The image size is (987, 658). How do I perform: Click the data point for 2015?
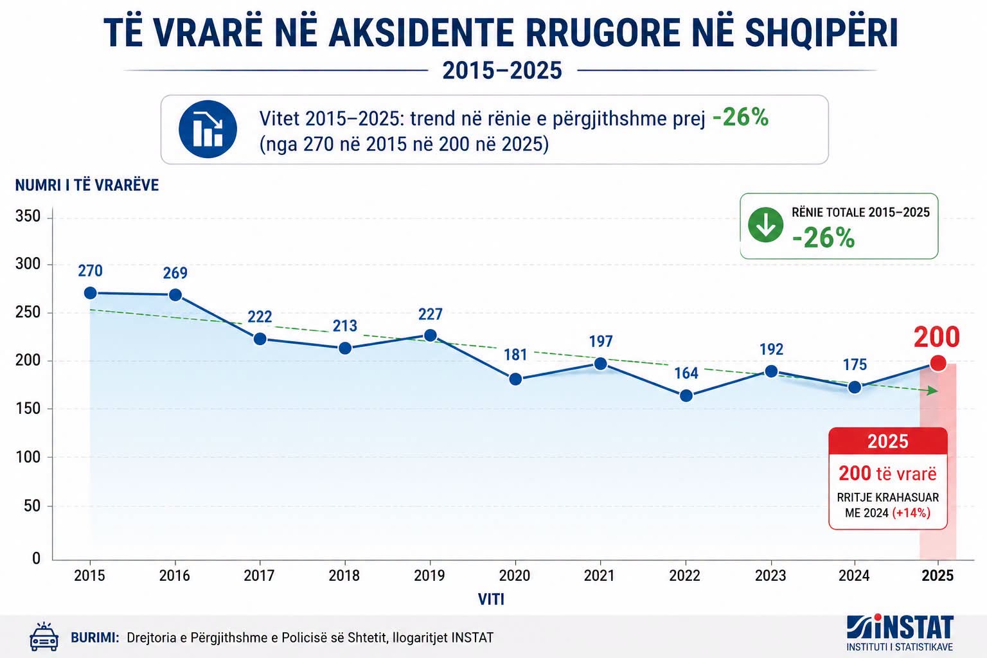pyautogui.click(x=91, y=293)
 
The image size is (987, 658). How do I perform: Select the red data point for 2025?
pyautogui.click(x=938, y=363)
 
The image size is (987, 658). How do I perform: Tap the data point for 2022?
pyautogui.click(x=686, y=396)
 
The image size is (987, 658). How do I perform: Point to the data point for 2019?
pyautogui.click(x=430, y=335)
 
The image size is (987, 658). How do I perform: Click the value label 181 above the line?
pyautogui.click(x=515, y=355)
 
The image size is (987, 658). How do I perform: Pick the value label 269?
pyautogui.click(x=175, y=273)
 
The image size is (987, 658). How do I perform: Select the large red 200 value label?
pyautogui.click(x=937, y=337)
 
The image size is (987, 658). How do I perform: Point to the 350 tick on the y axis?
pyautogui.click(x=28, y=217)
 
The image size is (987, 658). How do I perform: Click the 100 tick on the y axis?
pyautogui.click(x=28, y=457)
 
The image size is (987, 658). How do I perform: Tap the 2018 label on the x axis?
pyautogui.click(x=344, y=576)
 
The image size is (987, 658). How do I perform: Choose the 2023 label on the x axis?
pyautogui.click(x=770, y=576)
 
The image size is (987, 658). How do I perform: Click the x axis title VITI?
pyautogui.click(x=492, y=600)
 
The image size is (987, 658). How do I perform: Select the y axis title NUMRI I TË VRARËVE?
pyautogui.click(x=87, y=185)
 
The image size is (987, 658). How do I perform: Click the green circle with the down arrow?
pyautogui.click(x=765, y=225)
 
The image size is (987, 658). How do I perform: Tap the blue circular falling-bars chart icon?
pyautogui.click(x=208, y=129)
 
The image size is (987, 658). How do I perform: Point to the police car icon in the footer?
pyautogui.click(x=44, y=637)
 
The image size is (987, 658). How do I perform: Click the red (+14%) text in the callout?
pyautogui.click(x=911, y=513)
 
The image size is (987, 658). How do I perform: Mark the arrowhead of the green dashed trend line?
pyautogui.click(x=933, y=391)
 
